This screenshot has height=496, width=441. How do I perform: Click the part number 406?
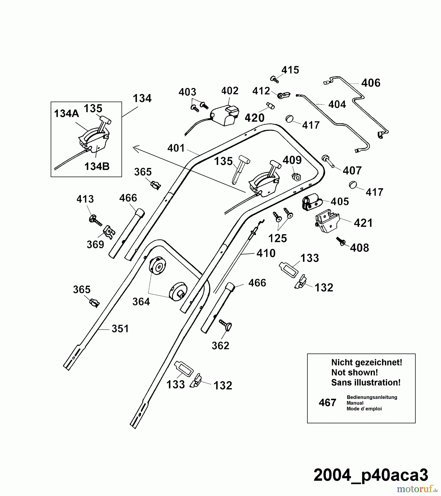[x=371, y=83]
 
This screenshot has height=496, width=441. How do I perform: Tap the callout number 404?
[x=337, y=104]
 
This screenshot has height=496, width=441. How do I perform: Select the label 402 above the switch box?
[x=230, y=91]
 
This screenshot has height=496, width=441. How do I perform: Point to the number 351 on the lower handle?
[x=120, y=328]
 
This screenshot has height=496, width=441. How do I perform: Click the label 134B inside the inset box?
[x=97, y=166]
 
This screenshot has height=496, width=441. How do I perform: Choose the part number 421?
[x=363, y=223]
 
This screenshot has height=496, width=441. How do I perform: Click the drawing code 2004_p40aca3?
[x=371, y=475]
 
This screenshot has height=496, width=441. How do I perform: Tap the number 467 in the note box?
[x=327, y=403]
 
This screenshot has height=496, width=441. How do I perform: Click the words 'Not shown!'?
[x=354, y=373]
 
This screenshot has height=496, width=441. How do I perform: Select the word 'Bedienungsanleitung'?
[x=372, y=397]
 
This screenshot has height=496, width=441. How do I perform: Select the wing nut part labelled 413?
[x=94, y=220]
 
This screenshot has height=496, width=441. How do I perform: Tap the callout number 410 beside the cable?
[x=266, y=253]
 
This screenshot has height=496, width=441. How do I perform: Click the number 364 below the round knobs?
[x=141, y=301]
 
